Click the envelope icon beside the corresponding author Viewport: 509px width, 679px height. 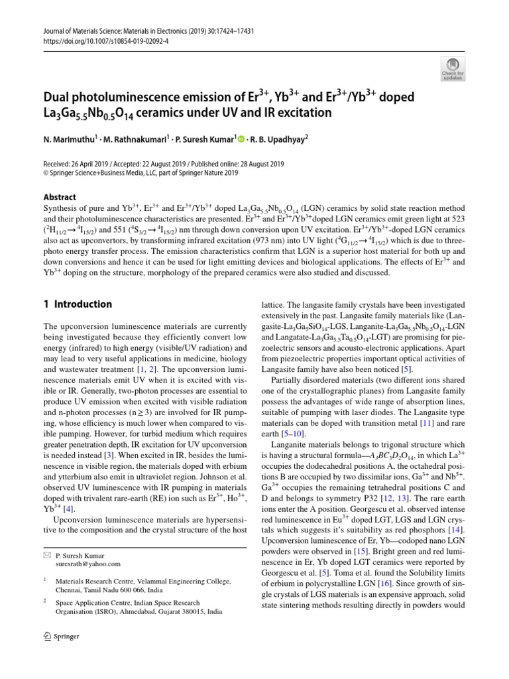click(x=46, y=554)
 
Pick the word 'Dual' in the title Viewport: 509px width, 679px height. click(x=58, y=97)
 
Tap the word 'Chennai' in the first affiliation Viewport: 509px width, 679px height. click(x=69, y=589)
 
